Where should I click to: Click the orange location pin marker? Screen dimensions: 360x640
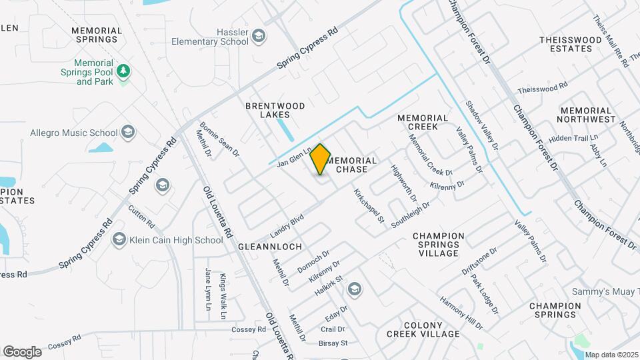tap(321, 159)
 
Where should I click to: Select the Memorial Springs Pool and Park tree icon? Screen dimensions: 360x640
tap(123, 70)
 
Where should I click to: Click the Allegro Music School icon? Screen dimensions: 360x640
tap(128, 133)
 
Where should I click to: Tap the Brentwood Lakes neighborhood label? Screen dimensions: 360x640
tap(275, 110)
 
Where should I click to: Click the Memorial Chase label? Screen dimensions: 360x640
tap(353, 165)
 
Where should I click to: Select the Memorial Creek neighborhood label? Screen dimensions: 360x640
tap(417, 122)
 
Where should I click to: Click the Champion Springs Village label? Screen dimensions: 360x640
tap(438, 245)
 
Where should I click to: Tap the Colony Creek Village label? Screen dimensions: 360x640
tap(423, 329)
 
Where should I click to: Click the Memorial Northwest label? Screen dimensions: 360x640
tap(587, 115)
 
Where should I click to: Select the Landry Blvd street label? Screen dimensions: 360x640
tap(287, 226)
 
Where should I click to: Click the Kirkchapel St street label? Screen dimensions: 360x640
tap(369, 205)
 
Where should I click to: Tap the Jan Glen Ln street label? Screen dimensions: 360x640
tap(294, 157)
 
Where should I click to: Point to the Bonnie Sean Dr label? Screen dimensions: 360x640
tap(219, 139)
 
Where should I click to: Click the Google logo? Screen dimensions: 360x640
tap(22, 352)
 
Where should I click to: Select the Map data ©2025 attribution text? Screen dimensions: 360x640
tap(612, 355)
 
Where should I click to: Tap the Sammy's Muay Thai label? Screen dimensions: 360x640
tap(605, 291)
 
